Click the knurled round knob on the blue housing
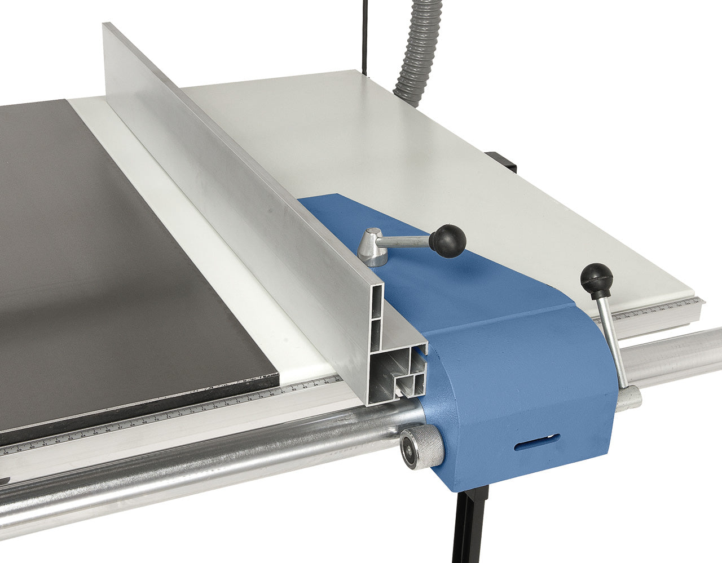[x=420, y=449]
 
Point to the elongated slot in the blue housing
[x=536, y=443]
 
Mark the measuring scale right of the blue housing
[x=660, y=309]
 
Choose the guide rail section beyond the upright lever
[x=677, y=355]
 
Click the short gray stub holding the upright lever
[x=629, y=399]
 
